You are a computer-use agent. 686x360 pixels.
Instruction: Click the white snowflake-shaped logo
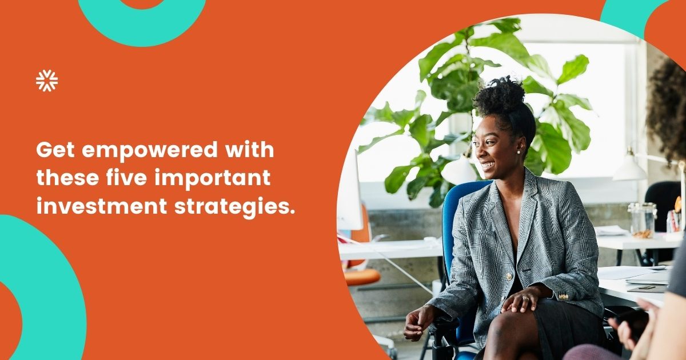[x=47, y=81]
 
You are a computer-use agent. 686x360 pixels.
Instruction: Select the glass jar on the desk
[x=642, y=220]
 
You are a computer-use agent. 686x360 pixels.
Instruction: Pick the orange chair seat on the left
[x=362, y=277]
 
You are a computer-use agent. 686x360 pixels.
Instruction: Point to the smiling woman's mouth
[x=488, y=165]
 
